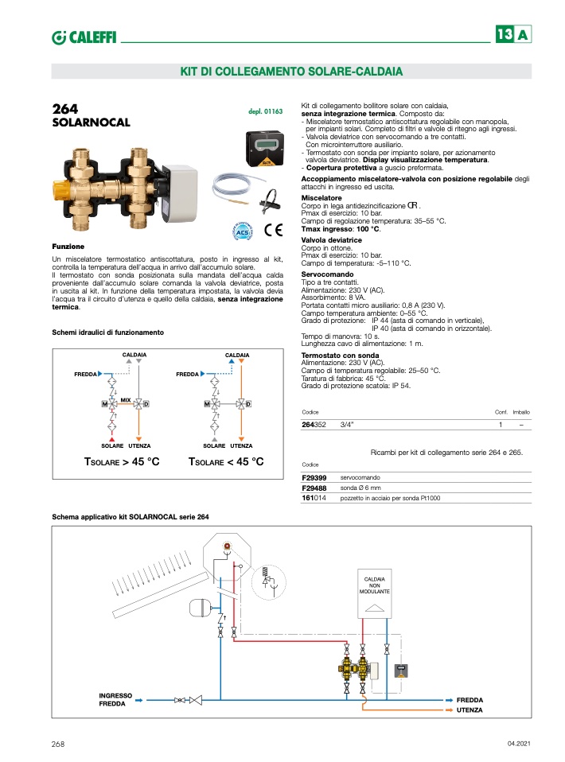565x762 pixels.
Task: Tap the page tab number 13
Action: click(505, 36)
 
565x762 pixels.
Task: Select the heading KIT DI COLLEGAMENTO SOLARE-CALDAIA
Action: click(291, 72)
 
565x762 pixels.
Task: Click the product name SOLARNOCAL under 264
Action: click(90, 123)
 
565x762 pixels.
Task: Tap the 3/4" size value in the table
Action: click(347, 426)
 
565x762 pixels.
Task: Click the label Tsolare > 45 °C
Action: click(122, 462)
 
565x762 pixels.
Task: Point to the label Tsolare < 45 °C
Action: click(225, 462)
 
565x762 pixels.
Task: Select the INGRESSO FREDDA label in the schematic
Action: click(115, 699)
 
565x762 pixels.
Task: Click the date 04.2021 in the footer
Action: click(518, 744)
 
